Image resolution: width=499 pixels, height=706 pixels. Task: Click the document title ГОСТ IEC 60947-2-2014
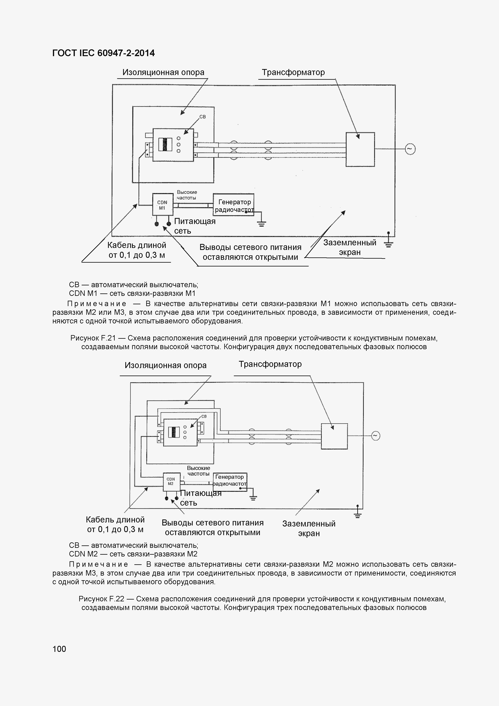(104, 53)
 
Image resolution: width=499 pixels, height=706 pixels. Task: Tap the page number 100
(59, 649)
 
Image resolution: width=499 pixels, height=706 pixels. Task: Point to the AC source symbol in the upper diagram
(410, 149)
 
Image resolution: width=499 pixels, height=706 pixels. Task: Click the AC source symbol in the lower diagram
(376, 436)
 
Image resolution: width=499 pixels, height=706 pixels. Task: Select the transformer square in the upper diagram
(360, 150)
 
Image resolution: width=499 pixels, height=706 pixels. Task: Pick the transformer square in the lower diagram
(334, 436)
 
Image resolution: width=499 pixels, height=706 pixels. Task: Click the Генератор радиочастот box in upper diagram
(234, 205)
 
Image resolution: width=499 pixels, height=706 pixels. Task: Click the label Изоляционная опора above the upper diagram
(163, 73)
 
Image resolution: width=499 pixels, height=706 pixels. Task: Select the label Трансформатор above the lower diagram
(270, 364)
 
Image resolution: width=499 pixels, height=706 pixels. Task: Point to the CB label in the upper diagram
(203, 117)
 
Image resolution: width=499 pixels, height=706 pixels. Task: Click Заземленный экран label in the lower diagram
(309, 528)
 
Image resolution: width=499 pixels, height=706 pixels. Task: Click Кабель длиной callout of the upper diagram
(137, 250)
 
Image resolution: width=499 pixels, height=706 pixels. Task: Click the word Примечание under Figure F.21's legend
(97, 304)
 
